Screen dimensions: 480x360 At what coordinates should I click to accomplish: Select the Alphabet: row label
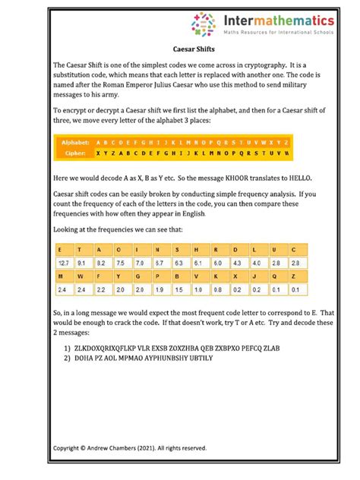[75, 142]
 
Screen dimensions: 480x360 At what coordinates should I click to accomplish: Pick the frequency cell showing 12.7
[64, 262]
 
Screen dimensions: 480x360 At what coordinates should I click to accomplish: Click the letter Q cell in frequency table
[258, 276]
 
